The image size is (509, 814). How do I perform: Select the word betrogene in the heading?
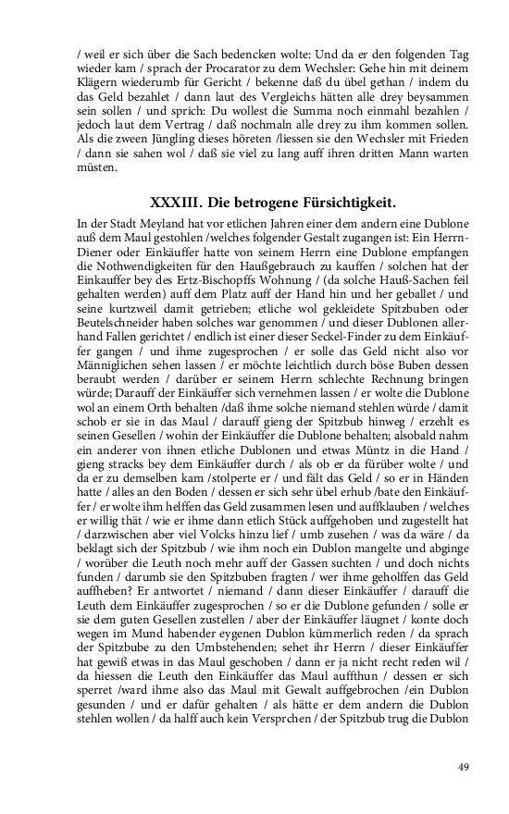click(267, 203)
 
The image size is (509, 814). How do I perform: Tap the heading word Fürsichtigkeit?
click(347, 203)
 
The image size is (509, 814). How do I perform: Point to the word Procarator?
click(256, 70)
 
